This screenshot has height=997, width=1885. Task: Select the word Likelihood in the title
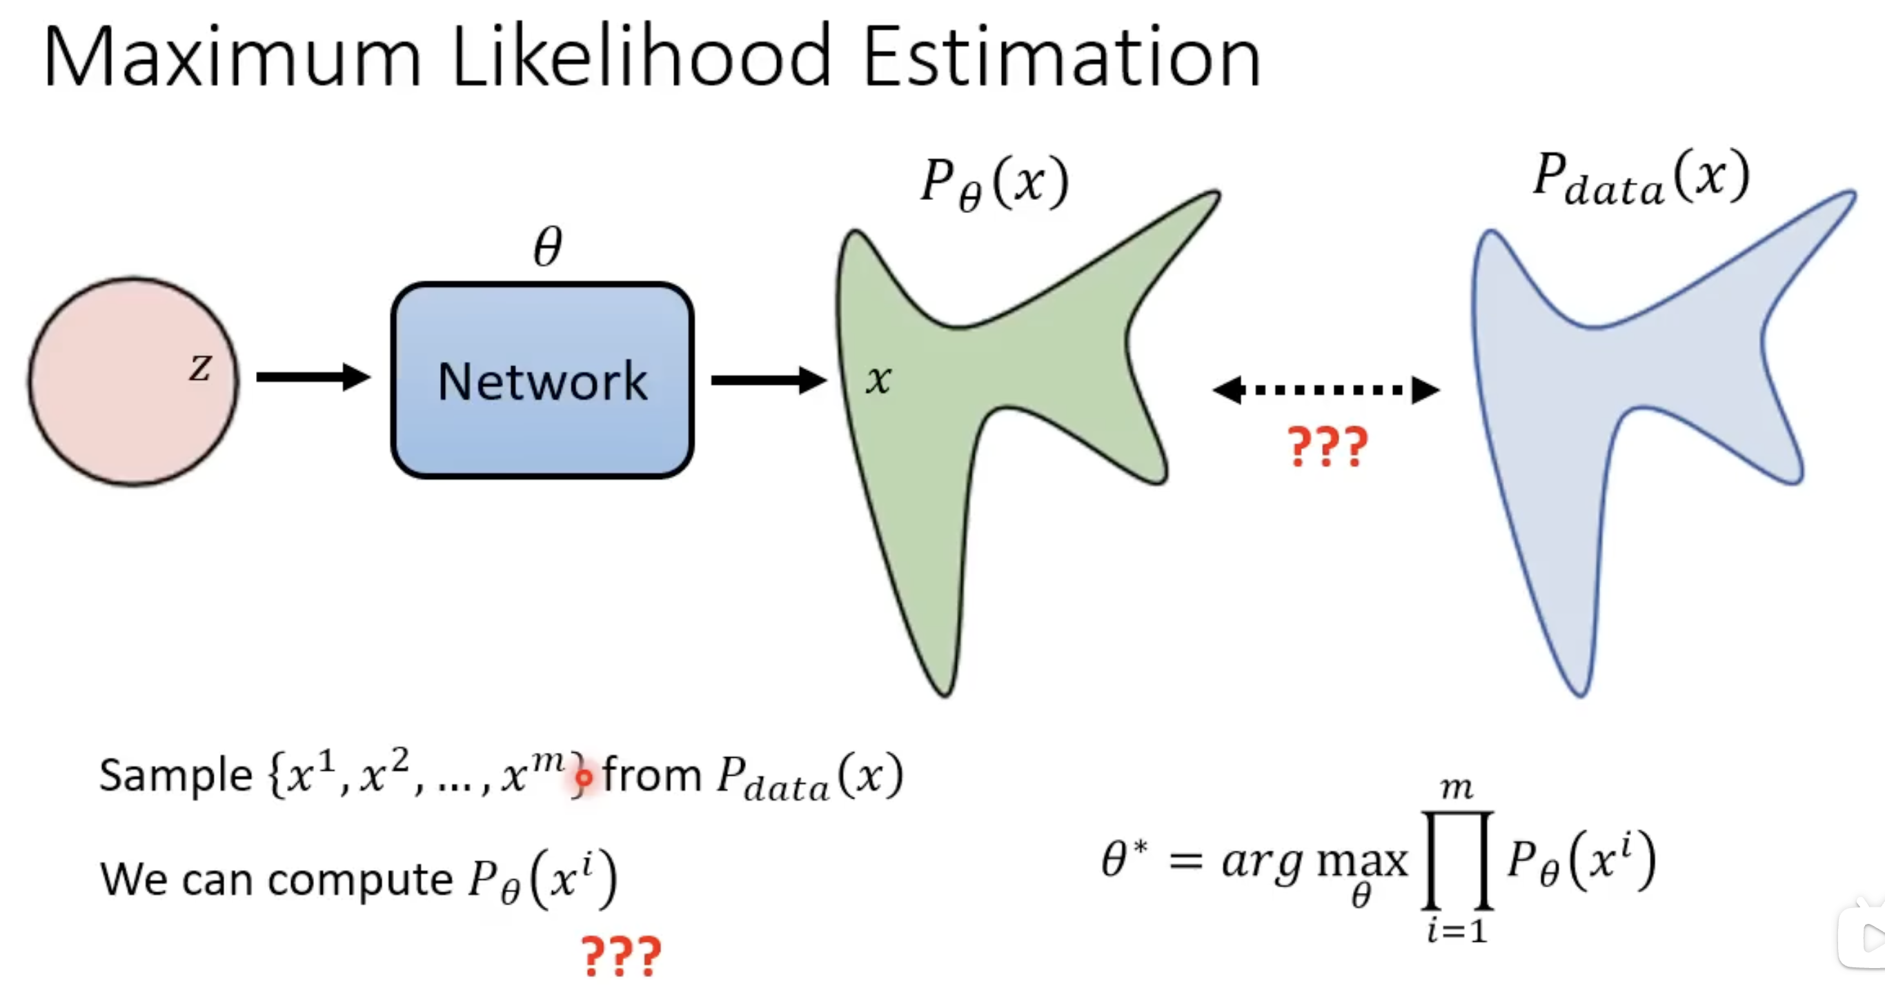click(642, 57)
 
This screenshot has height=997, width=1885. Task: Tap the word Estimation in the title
click(1062, 57)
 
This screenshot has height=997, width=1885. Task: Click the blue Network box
click(542, 381)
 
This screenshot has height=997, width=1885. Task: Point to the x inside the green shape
click(878, 379)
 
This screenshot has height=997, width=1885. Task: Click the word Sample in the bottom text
click(176, 776)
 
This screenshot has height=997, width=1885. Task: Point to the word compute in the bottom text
click(360, 878)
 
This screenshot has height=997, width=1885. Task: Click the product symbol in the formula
click(1457, 860)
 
